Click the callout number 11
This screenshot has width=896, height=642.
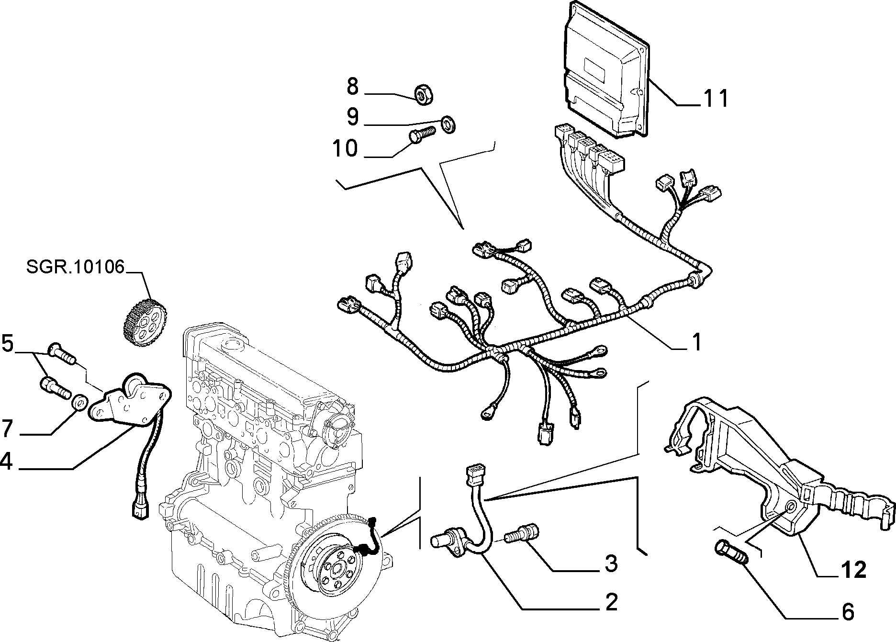(x=716, y=98)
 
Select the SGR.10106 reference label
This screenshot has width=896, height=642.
(x=75, y=267)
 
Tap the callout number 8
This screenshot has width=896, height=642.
(x=352, y=87)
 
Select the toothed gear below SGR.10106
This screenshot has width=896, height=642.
(x=141, y=319)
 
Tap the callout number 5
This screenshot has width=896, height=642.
(x=7, y=344)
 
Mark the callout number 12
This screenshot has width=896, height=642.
(x=853, y=570)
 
